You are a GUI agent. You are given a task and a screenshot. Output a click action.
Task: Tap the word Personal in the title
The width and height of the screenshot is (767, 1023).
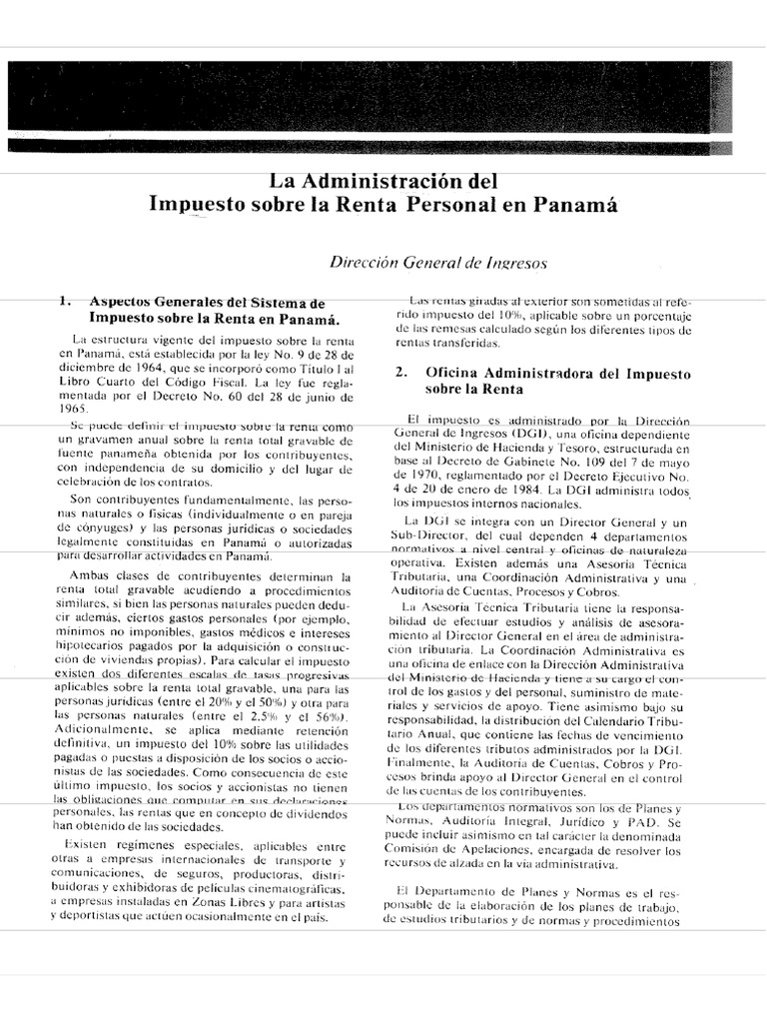(462, 206)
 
